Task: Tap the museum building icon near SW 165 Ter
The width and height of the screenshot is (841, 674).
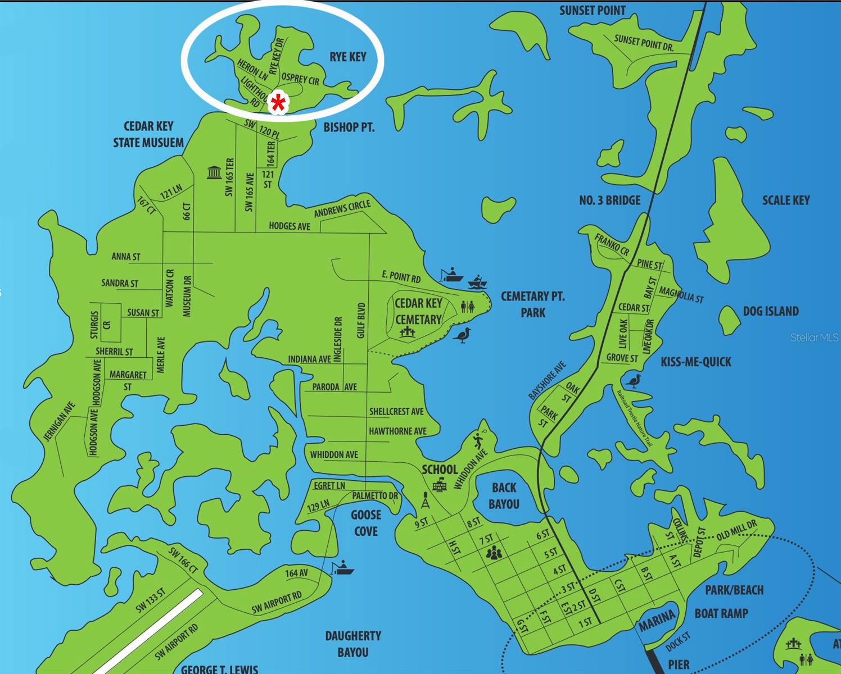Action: coord(214,172)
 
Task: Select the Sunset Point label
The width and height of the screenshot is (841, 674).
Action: coord(592,10)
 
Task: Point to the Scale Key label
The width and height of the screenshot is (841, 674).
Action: coord(785,201)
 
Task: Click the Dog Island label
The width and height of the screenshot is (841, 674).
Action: coord(770,311)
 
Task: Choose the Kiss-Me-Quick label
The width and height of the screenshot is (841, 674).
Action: coord(695,362)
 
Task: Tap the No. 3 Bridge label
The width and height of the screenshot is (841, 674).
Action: coord(609,200)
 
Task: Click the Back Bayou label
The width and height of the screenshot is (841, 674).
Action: coord(504,496)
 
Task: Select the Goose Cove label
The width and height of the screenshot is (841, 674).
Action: coord(365,523)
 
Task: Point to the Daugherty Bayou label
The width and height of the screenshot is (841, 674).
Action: coord(353,644)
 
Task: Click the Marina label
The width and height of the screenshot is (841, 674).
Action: coord(656,620)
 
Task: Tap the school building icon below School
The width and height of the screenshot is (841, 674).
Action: coord(439,484)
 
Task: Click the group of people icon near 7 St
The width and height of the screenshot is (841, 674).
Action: coord(494,554)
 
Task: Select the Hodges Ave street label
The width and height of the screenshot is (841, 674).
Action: coord(289,226)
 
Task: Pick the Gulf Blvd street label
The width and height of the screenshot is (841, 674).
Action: coord(361,321)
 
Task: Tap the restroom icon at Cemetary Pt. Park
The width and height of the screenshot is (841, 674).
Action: coord(467,307)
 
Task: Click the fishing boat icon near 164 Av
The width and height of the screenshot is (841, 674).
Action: coord(342,568)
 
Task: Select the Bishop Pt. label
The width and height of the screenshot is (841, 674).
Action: coord(349,127)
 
